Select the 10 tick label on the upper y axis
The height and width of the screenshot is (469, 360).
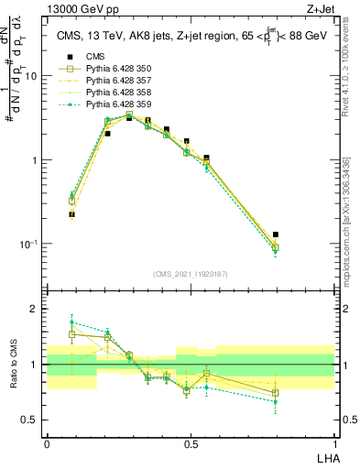30,76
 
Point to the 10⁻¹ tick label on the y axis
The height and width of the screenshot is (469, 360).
27,244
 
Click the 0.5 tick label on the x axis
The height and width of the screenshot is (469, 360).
190,443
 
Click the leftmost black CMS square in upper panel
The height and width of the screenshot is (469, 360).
71,214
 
